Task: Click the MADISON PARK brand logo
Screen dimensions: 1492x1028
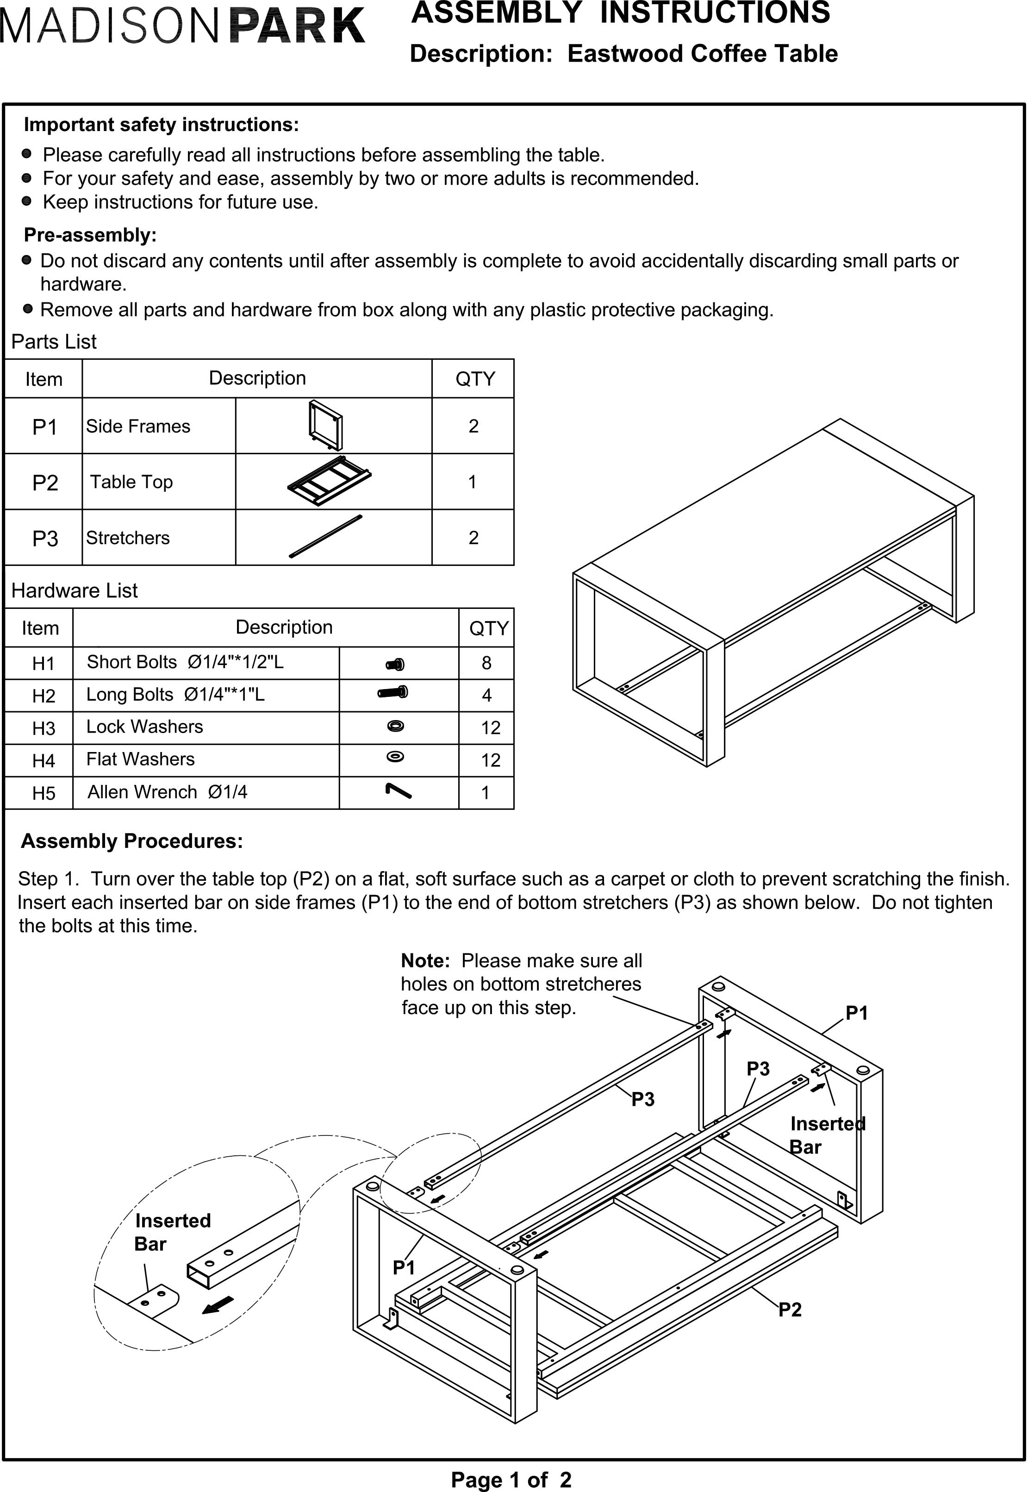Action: pyautogui.click(x=183, y=26)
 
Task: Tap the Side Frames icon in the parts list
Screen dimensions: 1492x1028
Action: pyautogui.click(x=326, y=425)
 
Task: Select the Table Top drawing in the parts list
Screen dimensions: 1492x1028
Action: pyautogui.click(x=329, y=481)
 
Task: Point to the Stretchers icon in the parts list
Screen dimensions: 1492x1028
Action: pyautogui.click(x=326, y=536)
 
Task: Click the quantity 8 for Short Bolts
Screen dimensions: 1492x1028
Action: pyautogui.click(x=486, y=663)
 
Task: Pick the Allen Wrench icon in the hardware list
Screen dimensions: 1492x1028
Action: pyautogui.click(x=398, y=791)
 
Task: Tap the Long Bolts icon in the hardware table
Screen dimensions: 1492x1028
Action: pyautogui.click(x=393, y=693)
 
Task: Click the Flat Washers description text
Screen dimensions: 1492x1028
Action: pyautogui.click(x=140, y=759)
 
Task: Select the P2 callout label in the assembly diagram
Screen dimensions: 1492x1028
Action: pyautogui.click(x=790, y=1310)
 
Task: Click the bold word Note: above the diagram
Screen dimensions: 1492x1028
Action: pyautogui.click(x=425, y=960)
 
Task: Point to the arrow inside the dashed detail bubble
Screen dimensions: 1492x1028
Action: pyautogui.click(x=218, y=1304)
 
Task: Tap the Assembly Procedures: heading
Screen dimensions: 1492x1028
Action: pyautogui.click(x=132, y=841)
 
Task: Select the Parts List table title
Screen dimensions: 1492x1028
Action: pyautogui.click(x=54, y=341)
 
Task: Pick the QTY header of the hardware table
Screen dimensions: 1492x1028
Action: pyautogui.click(x=488, y=628)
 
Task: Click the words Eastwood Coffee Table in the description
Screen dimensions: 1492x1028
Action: pyautogui.click(x=702, y=53)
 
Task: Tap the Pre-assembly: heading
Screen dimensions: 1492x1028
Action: pyautogui.click(x=90, y=235)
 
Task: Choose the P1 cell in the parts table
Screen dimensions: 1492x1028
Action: pyautogui.click(x=44, y=426)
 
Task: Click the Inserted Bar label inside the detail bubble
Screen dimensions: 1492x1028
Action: pyautogui.click(x=172, y=1232)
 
